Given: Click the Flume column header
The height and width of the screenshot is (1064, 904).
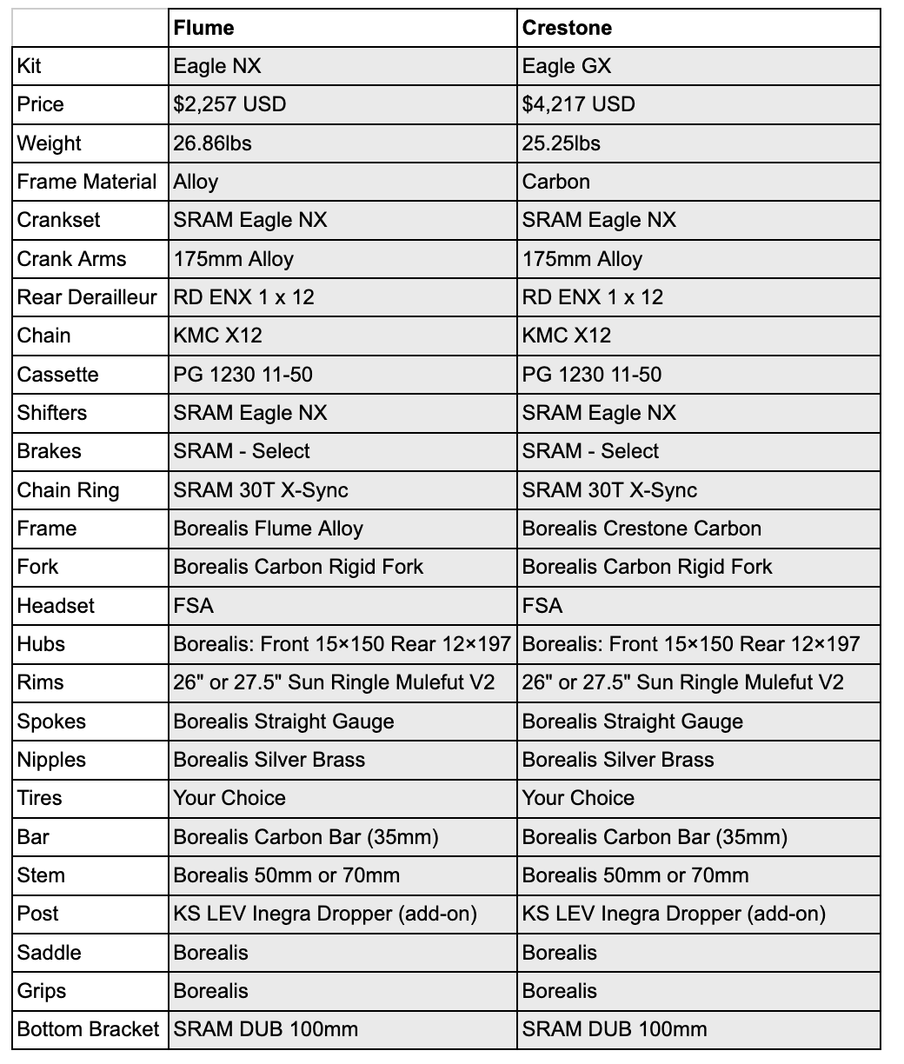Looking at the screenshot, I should click(204, 28).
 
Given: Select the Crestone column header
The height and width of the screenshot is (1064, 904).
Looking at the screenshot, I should click(567, 28).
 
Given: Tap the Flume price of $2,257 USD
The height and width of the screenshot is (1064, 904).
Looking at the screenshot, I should click(229, 104).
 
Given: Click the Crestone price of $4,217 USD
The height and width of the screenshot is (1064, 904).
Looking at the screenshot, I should click(578, 104).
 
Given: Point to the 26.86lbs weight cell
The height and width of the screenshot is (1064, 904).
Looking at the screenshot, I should click(212, 143).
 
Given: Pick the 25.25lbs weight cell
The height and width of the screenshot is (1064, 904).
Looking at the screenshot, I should click(561, 143).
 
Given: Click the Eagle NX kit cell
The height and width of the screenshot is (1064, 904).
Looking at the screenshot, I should click(216, 66).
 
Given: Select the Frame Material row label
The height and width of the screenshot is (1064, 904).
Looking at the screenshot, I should click(87, 182).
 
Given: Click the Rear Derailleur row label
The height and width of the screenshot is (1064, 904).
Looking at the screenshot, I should click(87, 297).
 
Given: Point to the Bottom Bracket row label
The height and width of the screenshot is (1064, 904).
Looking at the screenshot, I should click(88, 1029).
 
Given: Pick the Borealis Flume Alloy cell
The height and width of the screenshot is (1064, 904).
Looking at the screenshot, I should click(268, 529).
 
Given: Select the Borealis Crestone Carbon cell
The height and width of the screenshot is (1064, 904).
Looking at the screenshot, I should click(641, 529).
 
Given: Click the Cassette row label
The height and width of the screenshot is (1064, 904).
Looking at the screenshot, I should click(58, 375).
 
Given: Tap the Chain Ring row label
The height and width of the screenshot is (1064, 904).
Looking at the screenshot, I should click(68, 490).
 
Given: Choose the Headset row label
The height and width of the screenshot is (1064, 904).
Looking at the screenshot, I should click(56, 606).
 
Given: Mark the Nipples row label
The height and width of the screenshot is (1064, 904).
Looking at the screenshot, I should click(51, 760).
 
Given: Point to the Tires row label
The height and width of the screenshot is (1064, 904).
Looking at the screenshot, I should click(40, 798).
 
